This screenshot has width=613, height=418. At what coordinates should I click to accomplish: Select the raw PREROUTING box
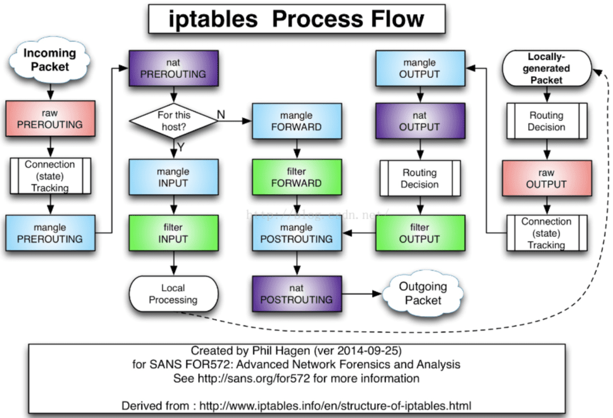pyautogui.click(x=50, y=119)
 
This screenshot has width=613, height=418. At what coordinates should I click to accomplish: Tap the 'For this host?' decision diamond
pyautogui.click(x=174, y=121)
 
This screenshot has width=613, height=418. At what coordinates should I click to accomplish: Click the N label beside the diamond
pyautogui.click(x=221, y=115)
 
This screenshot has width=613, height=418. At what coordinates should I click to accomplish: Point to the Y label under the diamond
pyautogui.click(x=180, y=147)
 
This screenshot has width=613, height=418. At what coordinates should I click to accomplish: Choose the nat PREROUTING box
pyautogui.click(x=174, y=68)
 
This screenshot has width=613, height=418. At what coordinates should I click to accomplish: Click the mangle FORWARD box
pyautogui.click(x=297, y=121)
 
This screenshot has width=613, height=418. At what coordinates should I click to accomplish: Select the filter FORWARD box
pyautogui.click(x=297, y=177)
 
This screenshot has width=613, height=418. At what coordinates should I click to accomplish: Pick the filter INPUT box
pyautogui.click(x=174, y=233)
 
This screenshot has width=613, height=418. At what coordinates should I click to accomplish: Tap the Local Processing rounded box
pyautogui.click(x=174, y=294)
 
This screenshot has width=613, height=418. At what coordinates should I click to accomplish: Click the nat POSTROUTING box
pyautogui.click(x=297, y=294)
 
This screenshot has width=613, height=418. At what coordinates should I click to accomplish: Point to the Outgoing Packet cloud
pyautogui.click(x=423, y=294)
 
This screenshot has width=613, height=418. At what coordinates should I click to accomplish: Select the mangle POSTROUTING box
pyautogui.click(x=297, y=233)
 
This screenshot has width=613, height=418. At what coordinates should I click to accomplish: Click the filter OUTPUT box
pyautogui.click(x=420, y=233)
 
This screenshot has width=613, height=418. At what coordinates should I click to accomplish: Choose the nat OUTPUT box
pyautogui.click(x=420, y=121)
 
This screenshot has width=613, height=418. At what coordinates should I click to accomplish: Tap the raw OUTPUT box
pyautogui.click(x=547, y=178)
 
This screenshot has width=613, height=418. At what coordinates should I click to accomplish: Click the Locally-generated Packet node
pyautogui.click(x=547, y=68)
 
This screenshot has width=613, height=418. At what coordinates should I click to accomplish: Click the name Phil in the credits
pyautogui.click(x=262, y=350)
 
